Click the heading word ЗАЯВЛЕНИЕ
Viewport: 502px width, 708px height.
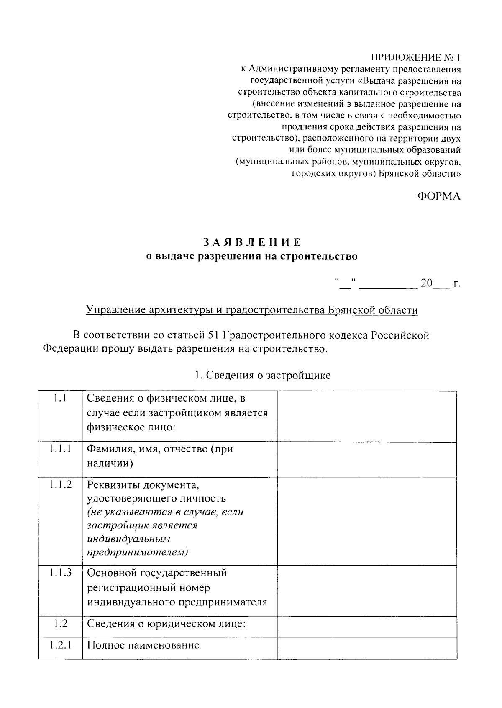tap(252, 242)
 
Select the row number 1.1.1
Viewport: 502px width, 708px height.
tap(60, 449)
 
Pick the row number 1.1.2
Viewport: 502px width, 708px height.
tap(60, 484)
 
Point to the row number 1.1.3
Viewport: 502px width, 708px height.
tap(60, 572)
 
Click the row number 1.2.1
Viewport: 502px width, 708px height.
tap(60, 645)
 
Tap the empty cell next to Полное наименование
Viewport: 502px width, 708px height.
tap(367, 648)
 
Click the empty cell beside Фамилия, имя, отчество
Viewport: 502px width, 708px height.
tap(367, 459)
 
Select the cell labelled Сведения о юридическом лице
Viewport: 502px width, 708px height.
tap(166, 624)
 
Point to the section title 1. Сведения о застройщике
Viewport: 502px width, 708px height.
tap(263, 375)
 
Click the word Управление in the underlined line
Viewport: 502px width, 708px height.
tap(112, 310)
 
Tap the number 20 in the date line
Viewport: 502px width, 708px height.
tap(427, 283)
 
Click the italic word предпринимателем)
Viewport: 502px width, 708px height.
tap(138, 552)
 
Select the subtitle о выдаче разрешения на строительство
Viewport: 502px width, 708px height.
tap(251, 256)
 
